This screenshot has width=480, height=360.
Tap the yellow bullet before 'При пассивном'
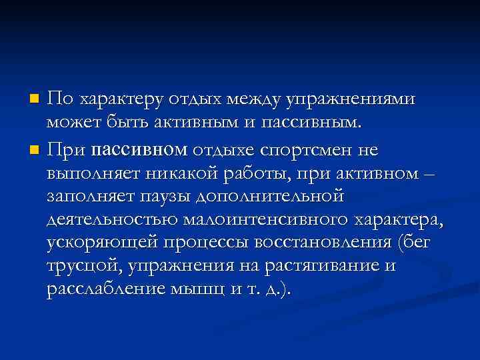(x=35, y=147)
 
